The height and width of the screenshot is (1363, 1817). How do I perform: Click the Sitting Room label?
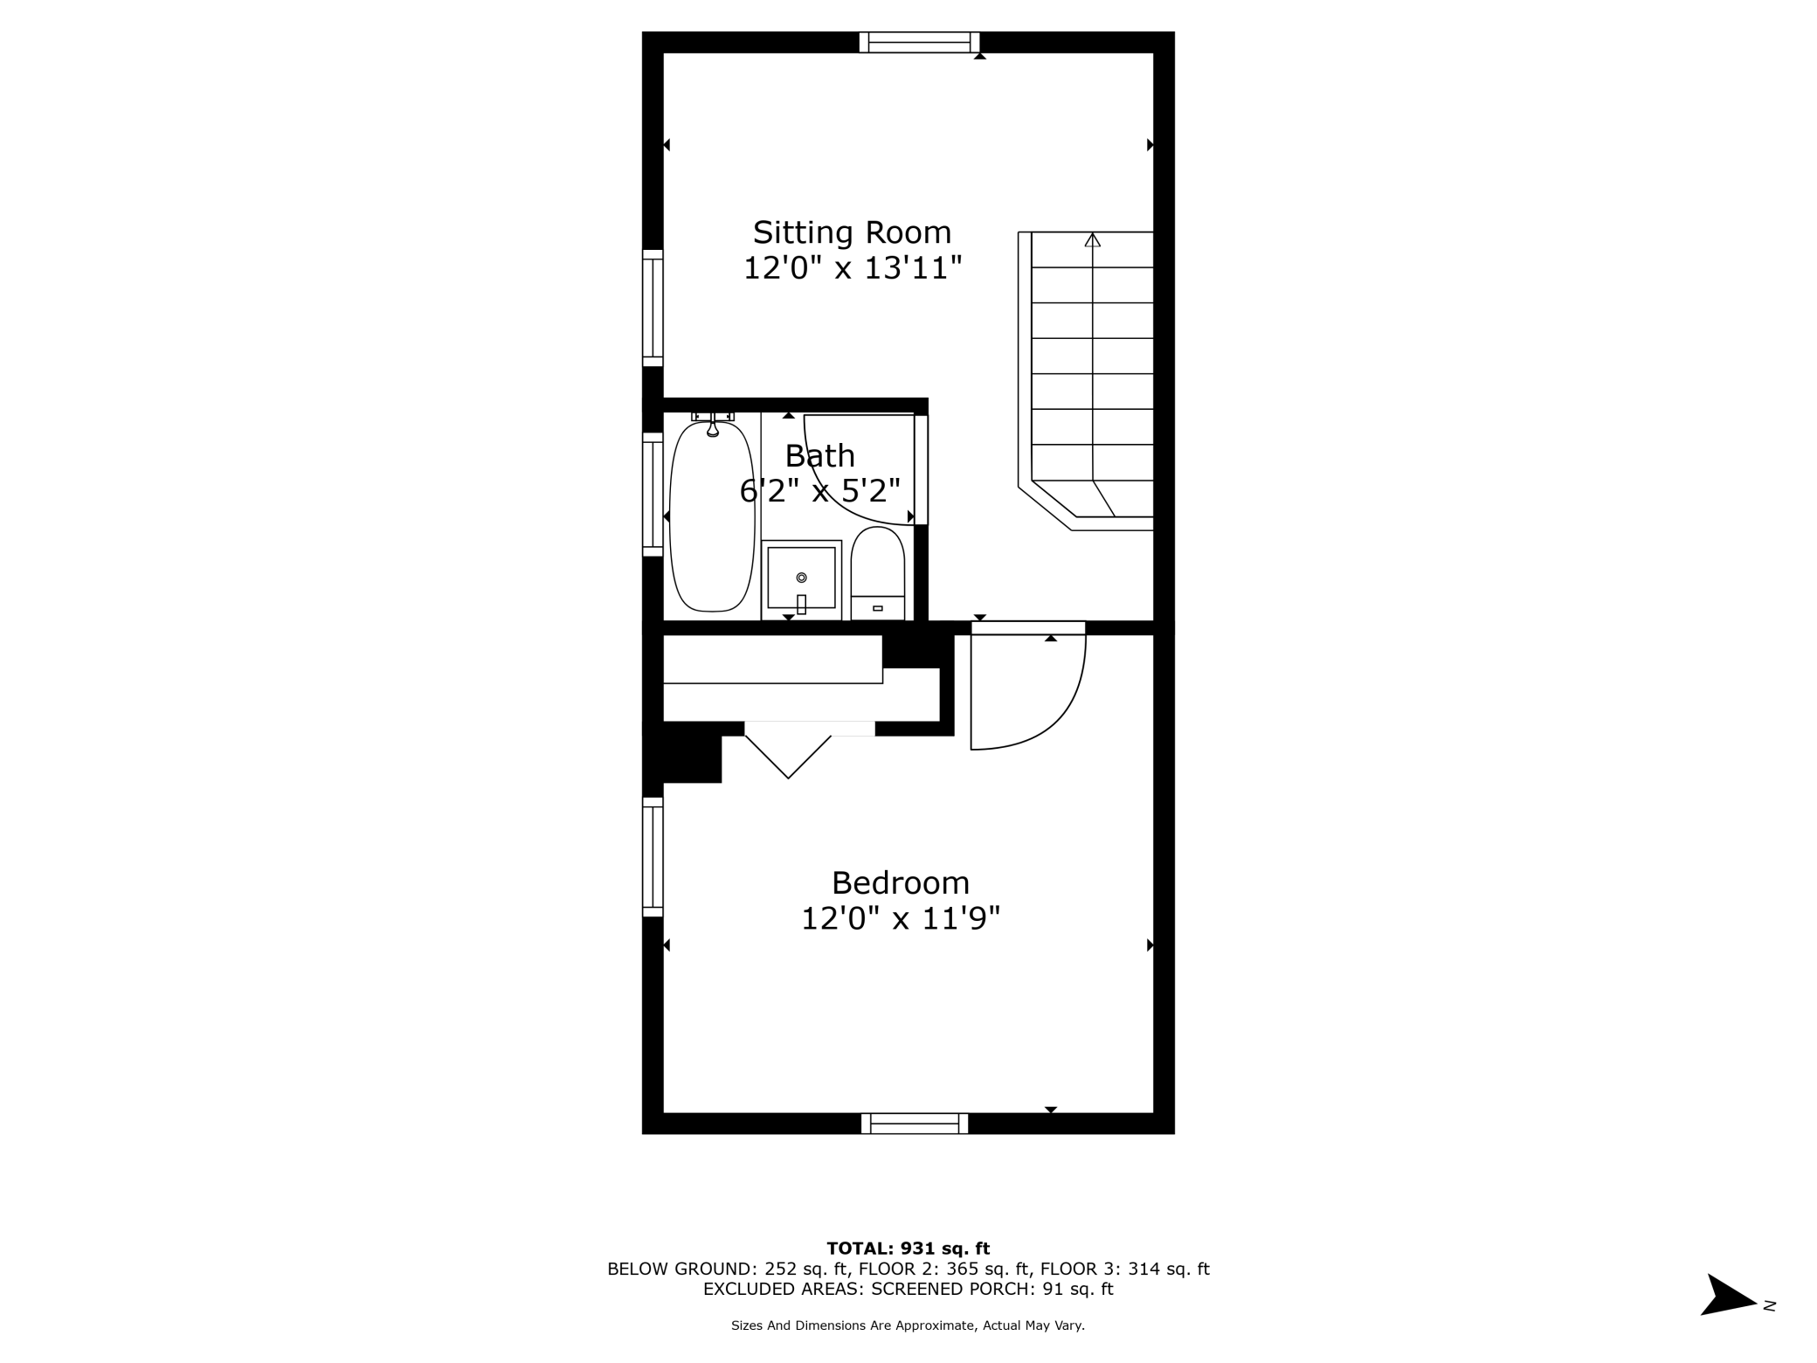(852, 232)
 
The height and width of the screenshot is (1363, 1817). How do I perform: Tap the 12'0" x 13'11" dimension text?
(852, 268)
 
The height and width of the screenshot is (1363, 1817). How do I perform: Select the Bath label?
(819, 456)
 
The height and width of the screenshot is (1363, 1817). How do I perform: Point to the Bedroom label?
(900, 883)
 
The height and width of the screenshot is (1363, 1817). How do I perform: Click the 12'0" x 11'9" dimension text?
(900, 919)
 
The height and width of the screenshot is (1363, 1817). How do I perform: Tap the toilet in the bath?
(877, 572)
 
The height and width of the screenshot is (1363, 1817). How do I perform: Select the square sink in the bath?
(801, 579)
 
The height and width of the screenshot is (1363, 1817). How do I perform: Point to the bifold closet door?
(789, 753)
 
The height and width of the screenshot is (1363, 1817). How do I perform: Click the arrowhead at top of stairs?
(1092, 240)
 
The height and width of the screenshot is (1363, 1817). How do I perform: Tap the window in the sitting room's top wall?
(919, 42)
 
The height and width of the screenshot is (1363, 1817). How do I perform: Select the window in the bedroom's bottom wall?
(915, 1124)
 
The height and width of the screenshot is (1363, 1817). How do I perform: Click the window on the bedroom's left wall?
(653, 857)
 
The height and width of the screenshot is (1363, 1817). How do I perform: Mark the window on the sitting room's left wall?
(653, 308)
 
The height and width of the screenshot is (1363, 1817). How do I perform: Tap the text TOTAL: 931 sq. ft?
(908, 1249)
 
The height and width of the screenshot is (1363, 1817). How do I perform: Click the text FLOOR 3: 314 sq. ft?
(1124, 1269)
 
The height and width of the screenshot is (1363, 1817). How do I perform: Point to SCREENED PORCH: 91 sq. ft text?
(991, 1289)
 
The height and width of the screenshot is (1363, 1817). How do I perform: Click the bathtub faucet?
(713, 427)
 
